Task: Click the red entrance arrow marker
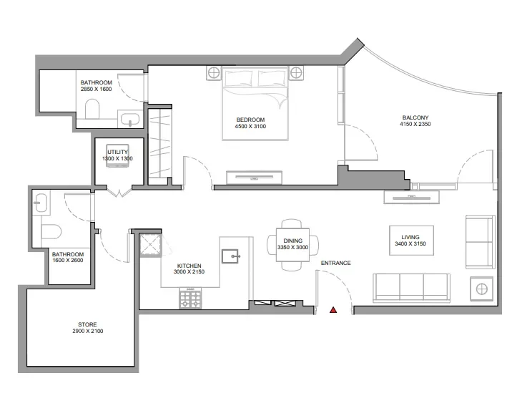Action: pyautogui.click(x=333, y=311)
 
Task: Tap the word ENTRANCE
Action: pyautogui.click(x=335, y=263)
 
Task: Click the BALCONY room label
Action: pyautogui.click(x=415, y=117)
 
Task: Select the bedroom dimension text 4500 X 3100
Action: pyautogui.click(x=250, y=127)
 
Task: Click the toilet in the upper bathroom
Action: pyautogui.click(x=92, y=110)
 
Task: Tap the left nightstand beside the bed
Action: pyautogui.click(x=213, y=72)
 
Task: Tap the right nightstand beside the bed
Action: pyautogui.click(x=297, y=72)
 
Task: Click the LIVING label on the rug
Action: pyautogui.click(x=410, y=237)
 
